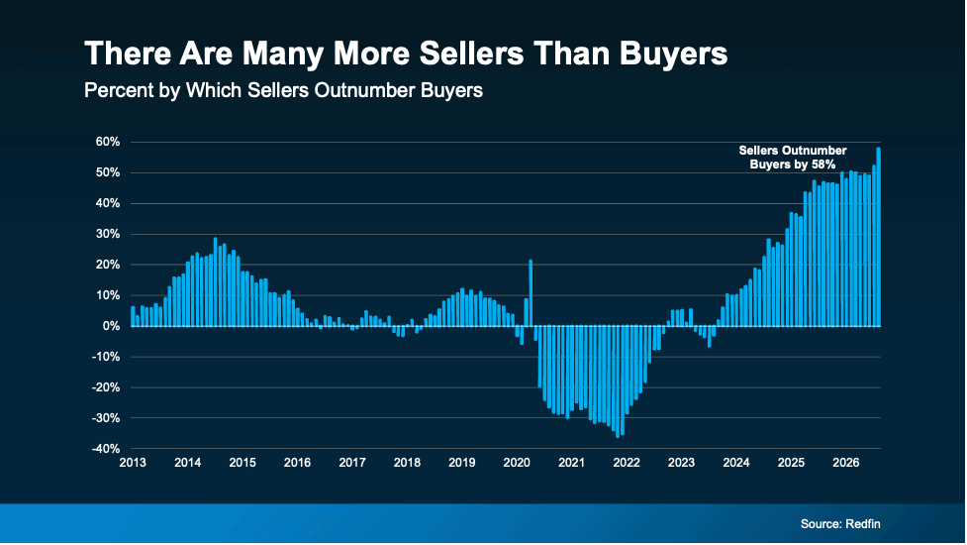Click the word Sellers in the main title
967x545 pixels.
click(x=471, y=54)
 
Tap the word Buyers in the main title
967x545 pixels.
click(x=673, y=54)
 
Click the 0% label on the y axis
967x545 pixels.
click(x=111, y=326)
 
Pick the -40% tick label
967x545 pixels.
click(x=106, y=449)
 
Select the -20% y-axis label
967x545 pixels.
click(x=106, y=387)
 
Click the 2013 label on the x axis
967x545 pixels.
click(x=133, y=463)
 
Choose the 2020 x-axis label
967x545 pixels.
click(x=517, y=463)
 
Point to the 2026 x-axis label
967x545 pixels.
click(x=846, y=463)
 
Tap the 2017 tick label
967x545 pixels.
click(x=352, y=463)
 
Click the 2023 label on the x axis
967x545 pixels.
click(x=682, y=463)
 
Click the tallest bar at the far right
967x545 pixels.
click(x=878, y=237)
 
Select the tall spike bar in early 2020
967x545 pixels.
click(x=531, y=293)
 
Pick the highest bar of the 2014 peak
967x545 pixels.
click(x=215, y=282)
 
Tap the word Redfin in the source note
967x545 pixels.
click(x=863, y=524)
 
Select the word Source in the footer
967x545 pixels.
click(x=822, y=524)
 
